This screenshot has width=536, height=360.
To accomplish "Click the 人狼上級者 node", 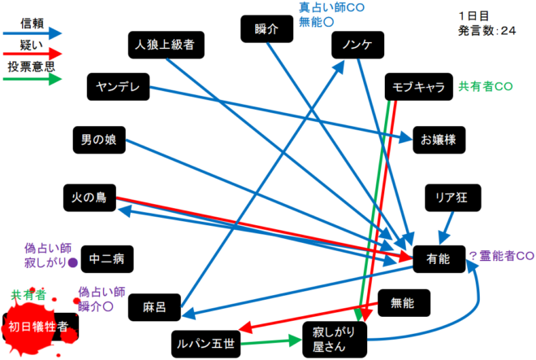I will (166, 43).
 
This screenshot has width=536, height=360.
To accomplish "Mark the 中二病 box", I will (106, 259).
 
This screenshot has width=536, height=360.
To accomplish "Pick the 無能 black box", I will (402, 303).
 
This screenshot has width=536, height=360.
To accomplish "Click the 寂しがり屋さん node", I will (334, 338).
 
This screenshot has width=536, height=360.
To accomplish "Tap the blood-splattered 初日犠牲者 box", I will (42, 327).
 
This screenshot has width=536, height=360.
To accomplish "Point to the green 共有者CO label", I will (485, 86).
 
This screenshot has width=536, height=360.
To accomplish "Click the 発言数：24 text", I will (486, 31).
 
